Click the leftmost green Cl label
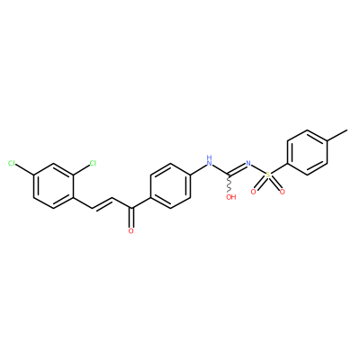click(x=12, y=163)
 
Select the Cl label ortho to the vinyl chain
click(x=93, y=163)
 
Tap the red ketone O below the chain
click(x=130, y=231)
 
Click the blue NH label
click(x=209, y=161)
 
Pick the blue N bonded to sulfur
click(x=248, y=164)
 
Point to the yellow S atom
click(x=268, y=175)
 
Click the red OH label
click(x=231, y=197)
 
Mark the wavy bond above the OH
click(x=229, y=184)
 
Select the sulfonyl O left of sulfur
click(x=254, y=192)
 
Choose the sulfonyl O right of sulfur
click(x=282, y=192)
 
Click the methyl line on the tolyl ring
click(x=337, y=135)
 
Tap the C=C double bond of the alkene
click(x=102, y=203)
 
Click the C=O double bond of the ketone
click(x=130, y=218)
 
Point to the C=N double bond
click(x=238, y=169)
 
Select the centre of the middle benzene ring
click(x=170, y=186)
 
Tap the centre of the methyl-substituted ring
click(x=307, y=152)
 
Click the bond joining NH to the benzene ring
click(x=198, y=169)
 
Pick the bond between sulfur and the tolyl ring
click(x=279, y=169)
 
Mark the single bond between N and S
click(x=258, y=169)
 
